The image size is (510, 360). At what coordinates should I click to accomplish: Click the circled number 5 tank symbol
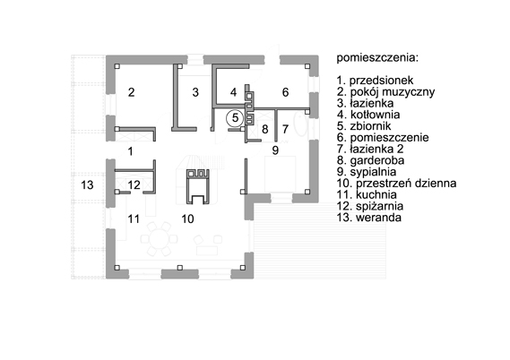coord(235,118)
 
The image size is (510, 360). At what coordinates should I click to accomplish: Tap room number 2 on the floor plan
coord(131,92)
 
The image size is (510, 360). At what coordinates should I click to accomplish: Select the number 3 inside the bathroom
coord(195,92)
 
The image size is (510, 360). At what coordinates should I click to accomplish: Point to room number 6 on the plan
coord(285,92)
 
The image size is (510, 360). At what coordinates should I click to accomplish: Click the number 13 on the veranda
coord(87,184)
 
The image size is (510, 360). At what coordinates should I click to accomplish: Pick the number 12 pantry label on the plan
coord(134,184)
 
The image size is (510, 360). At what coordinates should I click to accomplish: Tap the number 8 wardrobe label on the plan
coord(264,129)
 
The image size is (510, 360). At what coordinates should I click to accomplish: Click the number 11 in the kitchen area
coord(134,219)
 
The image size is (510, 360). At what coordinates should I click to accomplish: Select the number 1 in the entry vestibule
coord(131,151)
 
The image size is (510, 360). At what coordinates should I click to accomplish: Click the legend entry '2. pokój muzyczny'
coord(385,92)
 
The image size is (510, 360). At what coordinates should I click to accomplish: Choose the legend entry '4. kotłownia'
coord(368,115)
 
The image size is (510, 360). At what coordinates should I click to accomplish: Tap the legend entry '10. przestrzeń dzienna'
coord(396,183)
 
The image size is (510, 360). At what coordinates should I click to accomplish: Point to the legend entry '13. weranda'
coord(369,218)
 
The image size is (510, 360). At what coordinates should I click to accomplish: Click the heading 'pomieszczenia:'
coord(377,58)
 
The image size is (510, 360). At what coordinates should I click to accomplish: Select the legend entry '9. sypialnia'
coord(367,172)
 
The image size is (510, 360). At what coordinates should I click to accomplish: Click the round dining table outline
coord(159,239)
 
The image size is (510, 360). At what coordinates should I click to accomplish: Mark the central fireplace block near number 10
coord(197,187)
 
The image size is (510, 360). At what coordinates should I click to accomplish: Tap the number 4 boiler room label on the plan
coord(233,92)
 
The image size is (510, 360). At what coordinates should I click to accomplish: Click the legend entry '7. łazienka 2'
coord(370,149)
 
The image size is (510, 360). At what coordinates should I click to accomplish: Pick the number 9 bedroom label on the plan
coord(275,150)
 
